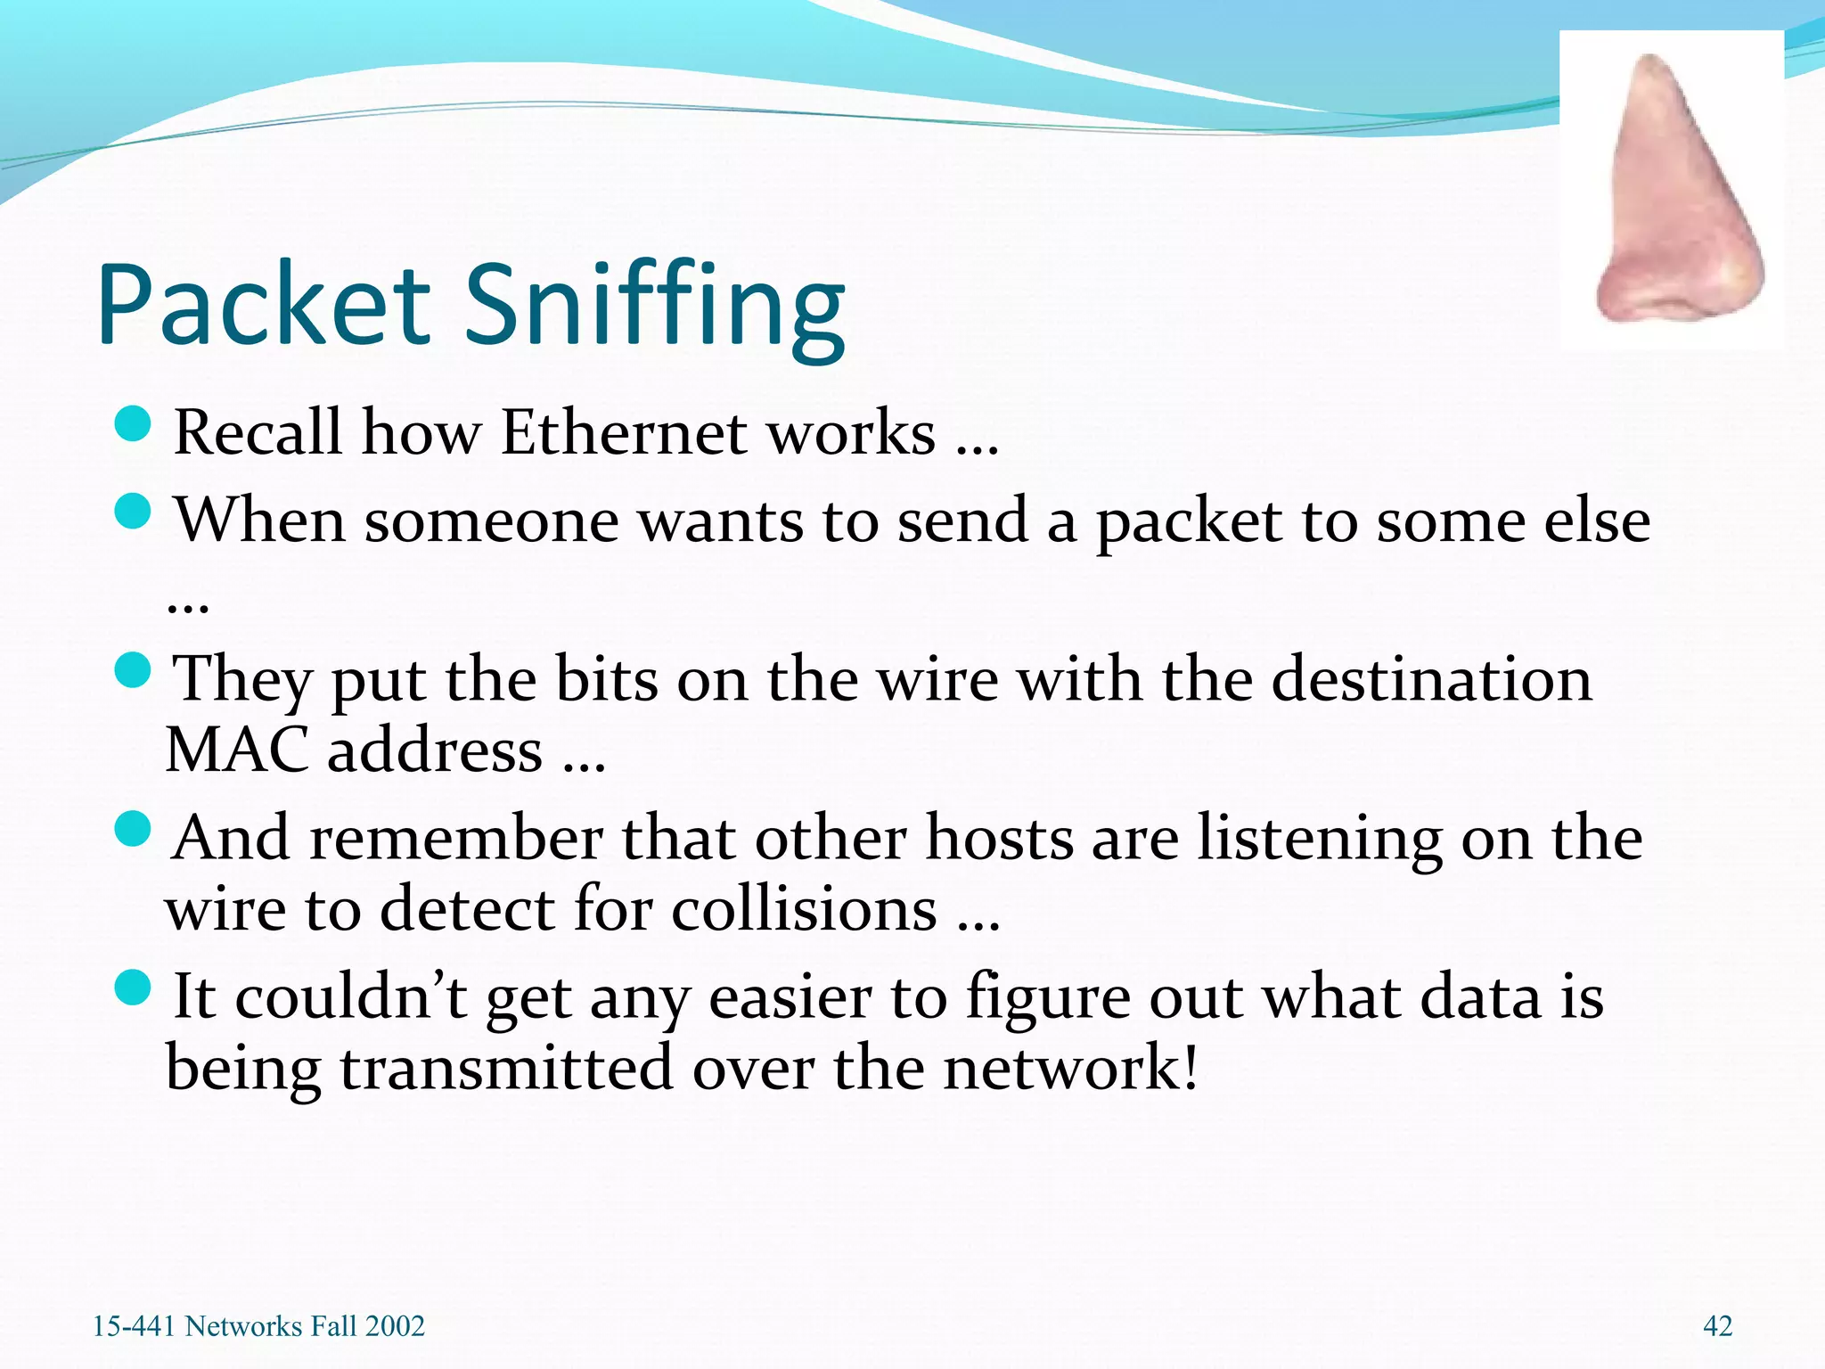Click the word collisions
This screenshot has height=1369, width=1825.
(x=804, y=909)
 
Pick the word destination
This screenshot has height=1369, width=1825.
(x=1431, y=680)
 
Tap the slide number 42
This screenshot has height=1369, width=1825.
(x=1717, y=1326)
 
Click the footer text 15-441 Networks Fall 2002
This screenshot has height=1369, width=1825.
(x=258, y=1326)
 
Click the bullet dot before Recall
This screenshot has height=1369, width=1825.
(x=134, y=424)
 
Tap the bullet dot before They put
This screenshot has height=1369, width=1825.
(x=134, y=670)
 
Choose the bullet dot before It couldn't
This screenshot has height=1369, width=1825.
(x=134, y=988)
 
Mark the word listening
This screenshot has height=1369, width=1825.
(x=1319, y=840)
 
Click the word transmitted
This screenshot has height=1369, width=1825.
(x=506, y=1068)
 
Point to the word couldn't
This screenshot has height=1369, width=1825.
(x=351, y=996)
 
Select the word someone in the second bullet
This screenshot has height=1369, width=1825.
(x=491, y=521)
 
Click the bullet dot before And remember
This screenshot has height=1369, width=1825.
(x=134, y=829)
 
